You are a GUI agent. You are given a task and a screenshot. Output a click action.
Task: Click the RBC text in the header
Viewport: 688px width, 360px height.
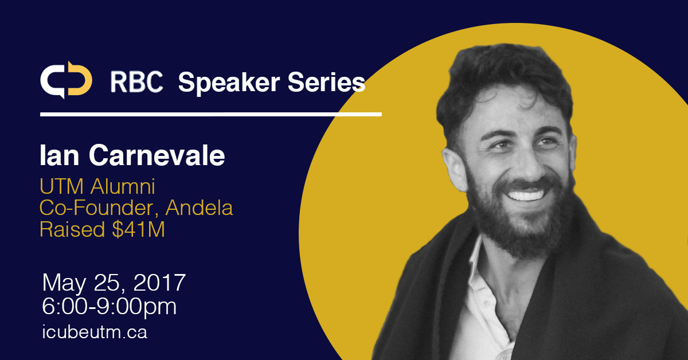[x=136, y=82]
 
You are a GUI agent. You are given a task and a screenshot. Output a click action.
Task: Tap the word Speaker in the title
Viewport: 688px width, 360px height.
[x=229, y=83]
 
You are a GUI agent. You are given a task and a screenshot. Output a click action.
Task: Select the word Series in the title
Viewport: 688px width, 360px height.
[x=326, y=82]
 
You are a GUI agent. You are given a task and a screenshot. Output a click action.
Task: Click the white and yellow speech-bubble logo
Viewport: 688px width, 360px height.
[x=66, y=80]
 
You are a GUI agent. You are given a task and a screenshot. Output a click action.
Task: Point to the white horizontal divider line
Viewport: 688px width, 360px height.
[x=211, y=114]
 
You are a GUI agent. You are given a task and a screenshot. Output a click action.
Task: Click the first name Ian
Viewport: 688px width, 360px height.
[x=60, y=155]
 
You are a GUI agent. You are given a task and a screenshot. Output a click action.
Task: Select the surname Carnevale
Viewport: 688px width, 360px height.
[x=157, y=155]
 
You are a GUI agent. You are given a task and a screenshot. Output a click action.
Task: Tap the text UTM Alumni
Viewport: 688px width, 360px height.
[x=97, y=186]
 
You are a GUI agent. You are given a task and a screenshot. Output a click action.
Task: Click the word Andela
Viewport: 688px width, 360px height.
[x=200, y=208]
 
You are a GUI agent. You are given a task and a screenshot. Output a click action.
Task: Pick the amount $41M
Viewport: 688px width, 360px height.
[x=139, y=229]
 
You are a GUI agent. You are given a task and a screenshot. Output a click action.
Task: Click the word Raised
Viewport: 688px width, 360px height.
[x=72, y=229]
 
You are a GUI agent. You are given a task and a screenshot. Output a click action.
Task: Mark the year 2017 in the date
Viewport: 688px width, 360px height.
[x=160, y=282]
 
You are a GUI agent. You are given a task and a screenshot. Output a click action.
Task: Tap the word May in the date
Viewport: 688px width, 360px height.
[x=64, y=284]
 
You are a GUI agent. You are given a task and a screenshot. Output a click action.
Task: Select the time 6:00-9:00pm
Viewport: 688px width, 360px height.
[x=110, y=307]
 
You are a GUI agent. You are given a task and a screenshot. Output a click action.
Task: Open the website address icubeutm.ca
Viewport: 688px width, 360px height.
[x=95, y=332]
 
